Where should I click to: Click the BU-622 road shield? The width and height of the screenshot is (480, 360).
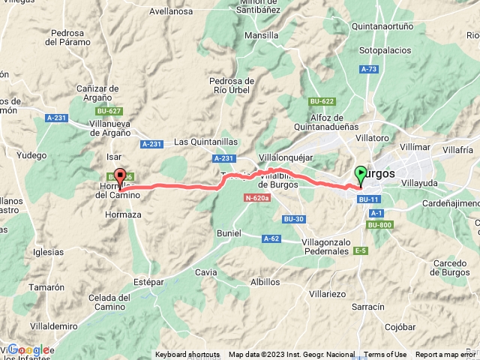(x=322, y=101)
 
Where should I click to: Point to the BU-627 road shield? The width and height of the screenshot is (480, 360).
(x=109, y=111)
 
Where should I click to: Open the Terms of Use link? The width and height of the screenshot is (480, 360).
(x=385, y=355)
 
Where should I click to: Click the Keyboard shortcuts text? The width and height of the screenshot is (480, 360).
(x=187, y=355)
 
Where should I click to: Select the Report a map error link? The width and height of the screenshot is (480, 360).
(x=446, y=355)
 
